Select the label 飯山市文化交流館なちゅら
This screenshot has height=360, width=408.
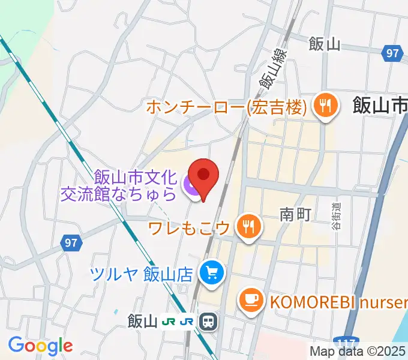pos(135,185)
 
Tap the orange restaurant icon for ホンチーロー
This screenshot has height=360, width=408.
pos(326,106)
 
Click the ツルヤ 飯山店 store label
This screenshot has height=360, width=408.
pos(141,274)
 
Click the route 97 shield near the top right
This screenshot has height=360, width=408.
pos(392,53)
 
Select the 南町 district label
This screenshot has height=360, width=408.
pos(295,214)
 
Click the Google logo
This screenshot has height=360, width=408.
pos(40,345)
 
